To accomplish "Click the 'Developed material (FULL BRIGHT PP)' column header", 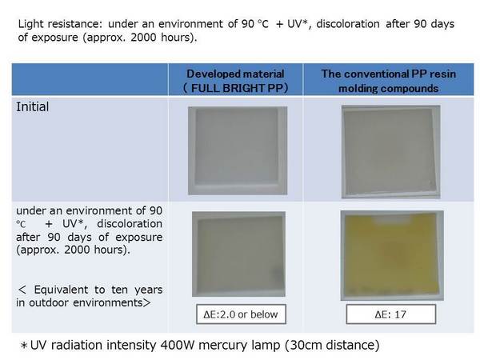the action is click(235, 81).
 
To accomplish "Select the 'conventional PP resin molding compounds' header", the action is click(389, 81).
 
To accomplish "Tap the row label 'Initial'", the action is click(33, 107).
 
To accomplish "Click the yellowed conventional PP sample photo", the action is click(392, 256).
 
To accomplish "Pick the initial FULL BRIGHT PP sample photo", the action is click(238, 150).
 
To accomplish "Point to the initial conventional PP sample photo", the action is click(391, 152).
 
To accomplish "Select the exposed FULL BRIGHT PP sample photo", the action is click(238, 254).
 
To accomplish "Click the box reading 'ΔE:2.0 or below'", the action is click(241, 314).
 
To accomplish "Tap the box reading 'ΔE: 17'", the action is click(391, 314).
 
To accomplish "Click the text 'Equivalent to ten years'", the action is click(98, 290).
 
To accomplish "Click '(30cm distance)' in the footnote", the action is click(332, 345).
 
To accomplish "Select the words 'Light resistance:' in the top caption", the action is click(60, 24).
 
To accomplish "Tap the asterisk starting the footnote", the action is click(23, 346).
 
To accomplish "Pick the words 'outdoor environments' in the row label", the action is click(86, 302).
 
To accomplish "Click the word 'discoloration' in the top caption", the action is click(348, 24).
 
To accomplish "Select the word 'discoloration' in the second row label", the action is click(130, 224).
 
